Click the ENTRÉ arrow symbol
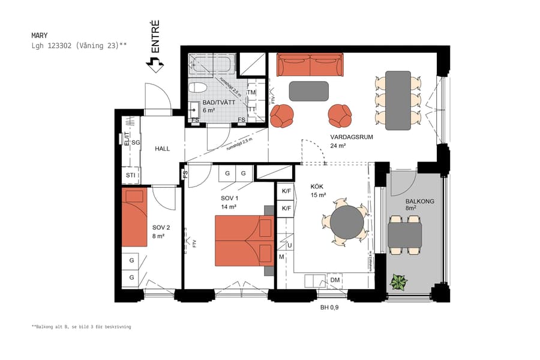pyautogui.click(x=155, y=64)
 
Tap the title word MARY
pyautogui.click(x=40, y=35)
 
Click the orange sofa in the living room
pyautogui.click(x=310, y=65)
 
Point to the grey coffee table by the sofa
pyautogui.click(x=308, y=91)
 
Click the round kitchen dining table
pyautogui.click(x=347, y=221)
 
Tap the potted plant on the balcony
pyautogui.click(x=397, y=281)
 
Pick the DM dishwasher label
pyautogui.click(x=335, y=280)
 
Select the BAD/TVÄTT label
pyautogui.click(x=217, y=103)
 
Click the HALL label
pyautogui.click(x=163, y=148)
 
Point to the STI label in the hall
pyautogui.click(x=130, y=175)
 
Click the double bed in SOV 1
pyautogui.click(x=244, y=241)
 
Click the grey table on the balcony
pyautogui.click(x=404, y=235)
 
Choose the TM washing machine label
pyautogui.click(x=251, y=93)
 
